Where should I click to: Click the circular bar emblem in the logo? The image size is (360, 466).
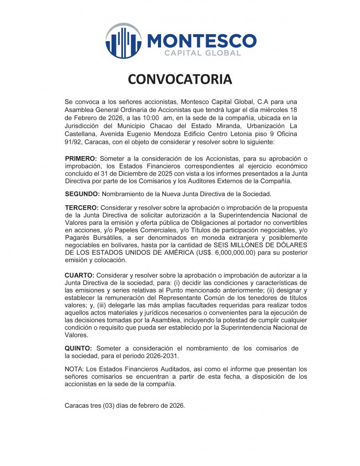point(123,41)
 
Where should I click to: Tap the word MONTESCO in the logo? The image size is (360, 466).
point(202,41)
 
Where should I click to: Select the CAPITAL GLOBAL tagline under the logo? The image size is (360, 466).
point(202,54)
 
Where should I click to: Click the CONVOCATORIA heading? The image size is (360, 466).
point(180,80)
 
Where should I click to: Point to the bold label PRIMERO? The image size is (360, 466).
point(81,158)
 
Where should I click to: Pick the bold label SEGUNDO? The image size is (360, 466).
point(82,194)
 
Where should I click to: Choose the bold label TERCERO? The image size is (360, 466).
point(81,208)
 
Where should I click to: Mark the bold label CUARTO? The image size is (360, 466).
point(80,276)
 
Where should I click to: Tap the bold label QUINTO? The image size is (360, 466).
point(78,349)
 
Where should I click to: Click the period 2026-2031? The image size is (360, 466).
point(162,356)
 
